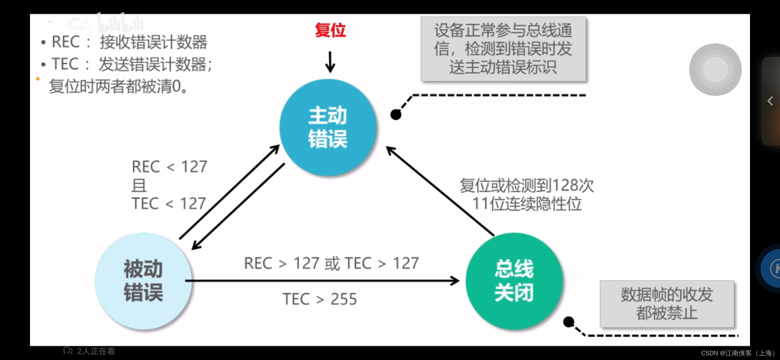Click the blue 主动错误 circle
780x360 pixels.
(328, 127)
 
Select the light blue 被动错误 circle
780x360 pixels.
(143, 281)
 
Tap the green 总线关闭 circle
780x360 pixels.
(514, 281)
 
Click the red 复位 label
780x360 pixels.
(330, 30)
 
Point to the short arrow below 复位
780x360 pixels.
(330, 62)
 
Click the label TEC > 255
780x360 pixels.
(320, 299)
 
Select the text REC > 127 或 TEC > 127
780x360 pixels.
(331, 263)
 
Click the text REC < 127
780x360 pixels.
(169, 167)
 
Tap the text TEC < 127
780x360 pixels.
(169, 203)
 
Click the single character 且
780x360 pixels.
(139, 185)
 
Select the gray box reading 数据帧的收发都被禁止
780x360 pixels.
(667, 304)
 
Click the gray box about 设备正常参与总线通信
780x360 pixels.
(503, 49)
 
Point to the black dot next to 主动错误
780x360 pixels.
(396, 115)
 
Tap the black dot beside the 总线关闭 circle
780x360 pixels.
(569, 322)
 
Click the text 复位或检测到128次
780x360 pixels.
(527, 186)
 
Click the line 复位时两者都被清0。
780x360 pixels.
(118, 86)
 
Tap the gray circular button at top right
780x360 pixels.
(715, 70)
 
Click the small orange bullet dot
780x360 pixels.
(38, 79)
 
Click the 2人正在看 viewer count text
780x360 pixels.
(96, 351)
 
